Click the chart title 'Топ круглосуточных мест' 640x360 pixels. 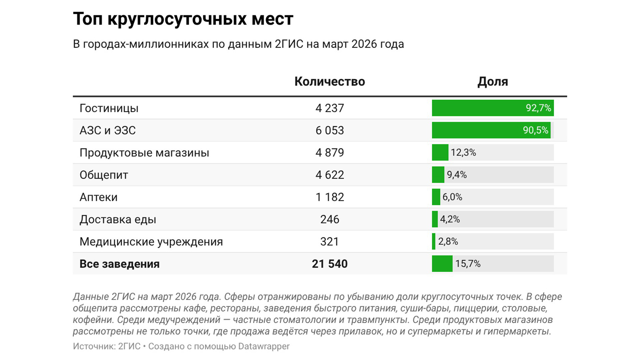[x=183, y=19]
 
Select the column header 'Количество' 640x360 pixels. [x=329, y=82]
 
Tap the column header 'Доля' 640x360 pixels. [x=492, y=82]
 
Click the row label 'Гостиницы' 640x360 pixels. [x=109, y=108]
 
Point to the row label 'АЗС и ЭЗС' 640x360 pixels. [x=107, y=130]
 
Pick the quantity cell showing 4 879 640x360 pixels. [x=329, y=153]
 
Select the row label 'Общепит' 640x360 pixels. [x=104, y=175]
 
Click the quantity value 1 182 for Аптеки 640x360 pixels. [x=329, y=197]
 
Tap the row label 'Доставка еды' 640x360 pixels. [x=118, y=219]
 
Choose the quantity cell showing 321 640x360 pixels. [x=329, y=242]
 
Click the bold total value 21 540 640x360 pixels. [x=329, y=264]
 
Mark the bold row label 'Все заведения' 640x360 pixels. [x=119, y=264]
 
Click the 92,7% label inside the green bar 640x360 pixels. [x=538, y=108]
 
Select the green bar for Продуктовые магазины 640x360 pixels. [x=440, y=153]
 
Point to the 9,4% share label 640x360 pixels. [x=457, y=175]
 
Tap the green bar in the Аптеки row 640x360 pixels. [x=436, y=197]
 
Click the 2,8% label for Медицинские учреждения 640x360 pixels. [x=448, y=241]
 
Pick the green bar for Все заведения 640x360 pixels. [x=442, y=264]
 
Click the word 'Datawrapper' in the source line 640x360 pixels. [x=264, y=346]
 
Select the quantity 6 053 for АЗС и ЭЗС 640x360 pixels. [x=329, y=130]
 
